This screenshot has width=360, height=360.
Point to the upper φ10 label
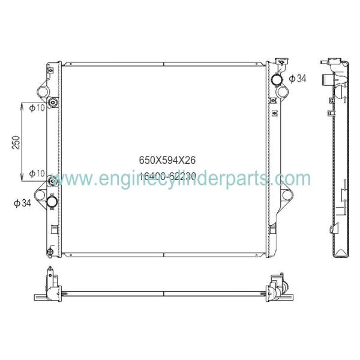37,108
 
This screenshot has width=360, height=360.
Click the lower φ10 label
37,174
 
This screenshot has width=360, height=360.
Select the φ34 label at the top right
298,79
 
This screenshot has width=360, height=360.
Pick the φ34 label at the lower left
22,203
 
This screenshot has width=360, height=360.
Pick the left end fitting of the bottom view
48,288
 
